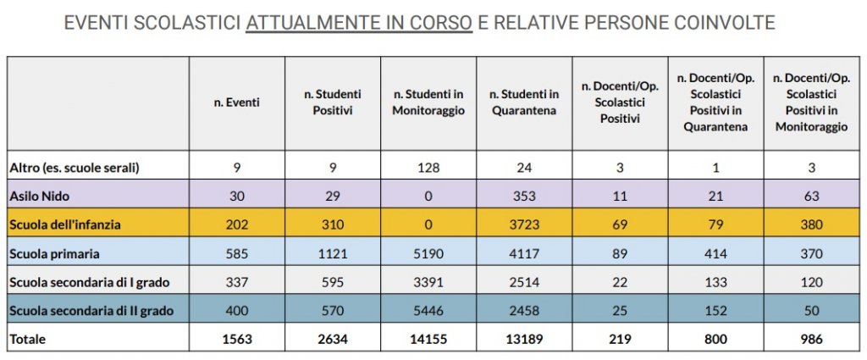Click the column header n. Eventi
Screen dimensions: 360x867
236,102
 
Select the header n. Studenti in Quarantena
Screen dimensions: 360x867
525,102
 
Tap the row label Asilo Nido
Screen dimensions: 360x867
39,196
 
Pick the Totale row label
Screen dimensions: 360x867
28,339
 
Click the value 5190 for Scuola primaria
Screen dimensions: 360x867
428,253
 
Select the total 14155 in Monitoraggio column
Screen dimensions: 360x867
428,339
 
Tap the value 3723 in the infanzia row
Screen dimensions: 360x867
525,224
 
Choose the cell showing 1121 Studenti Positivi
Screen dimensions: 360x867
333,253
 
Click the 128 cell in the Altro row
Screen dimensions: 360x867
428,168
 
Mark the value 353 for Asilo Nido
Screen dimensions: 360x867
525,196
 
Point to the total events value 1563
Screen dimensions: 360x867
236,339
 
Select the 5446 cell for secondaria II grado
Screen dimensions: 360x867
428,311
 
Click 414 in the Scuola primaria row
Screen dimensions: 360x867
715,253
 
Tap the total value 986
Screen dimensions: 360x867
812,339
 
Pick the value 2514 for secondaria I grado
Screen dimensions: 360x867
525,282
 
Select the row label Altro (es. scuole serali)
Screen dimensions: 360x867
74,168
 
